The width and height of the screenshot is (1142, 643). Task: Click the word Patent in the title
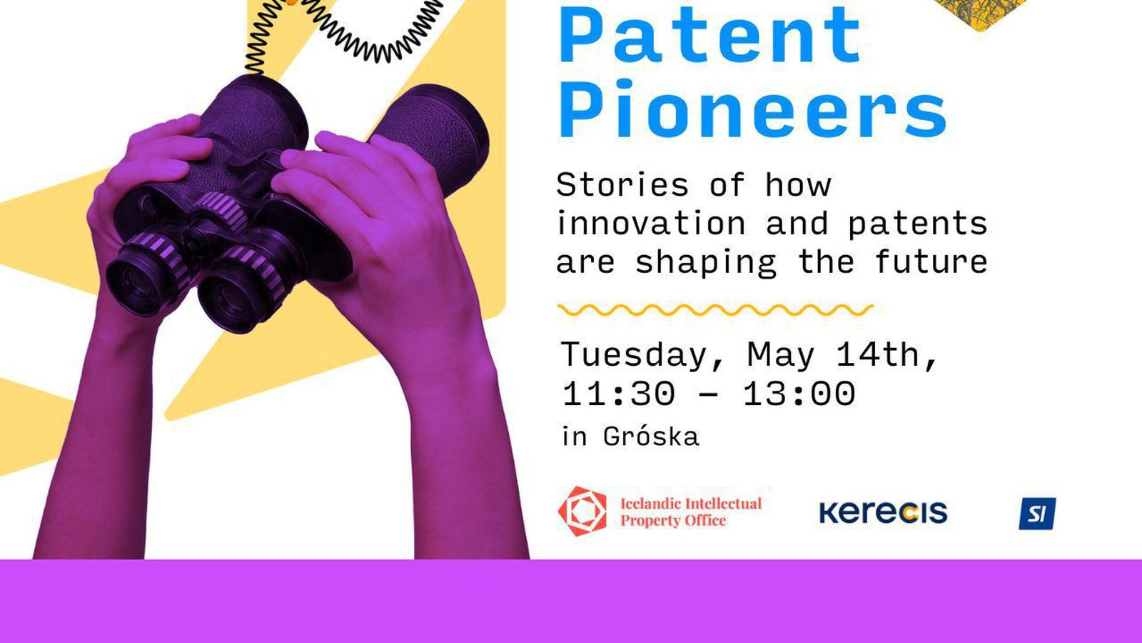pyautogui.click(x=710, y=35)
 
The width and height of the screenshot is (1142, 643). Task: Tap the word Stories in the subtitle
pyautogui.click(x=622, y=184)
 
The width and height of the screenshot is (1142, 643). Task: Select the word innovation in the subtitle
pyautogui.click(x=651, y=224)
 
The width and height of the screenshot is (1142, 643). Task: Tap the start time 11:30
pyautogui.click(x=618, y=394)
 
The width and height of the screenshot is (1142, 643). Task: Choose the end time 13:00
pyautogui.click(x=799, y=394)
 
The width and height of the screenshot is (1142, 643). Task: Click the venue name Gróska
pyautogui.click(x=650, y=437)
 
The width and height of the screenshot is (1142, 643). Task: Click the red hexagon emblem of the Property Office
pyautogui.click(x=582, y=511)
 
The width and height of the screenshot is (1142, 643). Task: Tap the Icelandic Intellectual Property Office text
pyautogui.click(x=691, y=512)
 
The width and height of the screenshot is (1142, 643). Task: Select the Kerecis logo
pyautogui.click(x=884, y=512)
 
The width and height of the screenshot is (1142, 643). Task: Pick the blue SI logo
pyautogui.click(x=1038, y=514)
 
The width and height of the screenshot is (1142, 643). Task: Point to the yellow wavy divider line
pyautogui.click(x=715, y=310)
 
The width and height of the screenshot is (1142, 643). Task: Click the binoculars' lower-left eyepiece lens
pyautogui.click(x=139, y=282)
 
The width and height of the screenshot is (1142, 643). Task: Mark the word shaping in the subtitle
pyautogui.click(x=706, y=263)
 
